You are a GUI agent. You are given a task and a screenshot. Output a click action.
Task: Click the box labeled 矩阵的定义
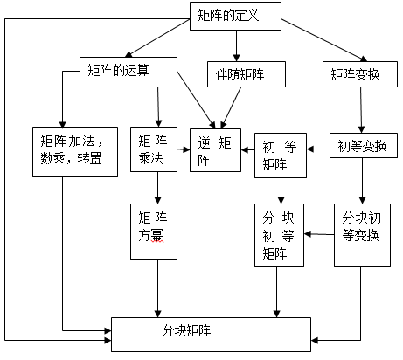coord(235,16)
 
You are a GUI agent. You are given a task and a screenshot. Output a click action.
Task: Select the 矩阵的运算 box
coord(129,72)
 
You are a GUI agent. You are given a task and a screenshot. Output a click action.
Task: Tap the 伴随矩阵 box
coord(247,74)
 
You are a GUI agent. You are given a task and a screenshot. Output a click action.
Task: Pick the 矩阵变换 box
coord(360,74)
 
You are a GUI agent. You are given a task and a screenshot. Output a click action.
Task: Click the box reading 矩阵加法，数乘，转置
coord(75,151)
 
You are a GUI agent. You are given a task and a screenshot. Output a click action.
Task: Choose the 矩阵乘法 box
coord(154,149)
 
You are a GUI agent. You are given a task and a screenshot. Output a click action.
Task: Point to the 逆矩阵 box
coord(215,150)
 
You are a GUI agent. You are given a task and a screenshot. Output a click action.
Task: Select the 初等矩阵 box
coord(281,156)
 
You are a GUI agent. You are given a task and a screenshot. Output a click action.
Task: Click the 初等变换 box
coord(364,146)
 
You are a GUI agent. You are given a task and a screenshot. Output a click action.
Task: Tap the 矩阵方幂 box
coord(154,232)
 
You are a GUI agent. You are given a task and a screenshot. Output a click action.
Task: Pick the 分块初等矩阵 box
coord(279,235)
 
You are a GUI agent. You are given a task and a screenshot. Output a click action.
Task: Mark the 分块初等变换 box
coord(362,235)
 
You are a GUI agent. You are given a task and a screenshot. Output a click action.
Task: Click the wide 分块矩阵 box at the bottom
coord(211,335)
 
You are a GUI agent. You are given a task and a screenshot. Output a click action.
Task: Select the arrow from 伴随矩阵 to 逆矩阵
coord(231,107)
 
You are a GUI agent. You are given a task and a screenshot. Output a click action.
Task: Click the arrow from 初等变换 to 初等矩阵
coord(318,149)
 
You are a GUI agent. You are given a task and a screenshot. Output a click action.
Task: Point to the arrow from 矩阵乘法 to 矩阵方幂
coord(157,188)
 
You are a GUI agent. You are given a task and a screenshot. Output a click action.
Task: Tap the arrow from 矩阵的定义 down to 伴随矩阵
coord(236,45)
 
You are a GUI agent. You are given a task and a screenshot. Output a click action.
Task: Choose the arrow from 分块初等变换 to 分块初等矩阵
coord(319,234)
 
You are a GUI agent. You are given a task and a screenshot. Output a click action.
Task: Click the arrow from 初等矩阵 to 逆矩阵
coord(248,150)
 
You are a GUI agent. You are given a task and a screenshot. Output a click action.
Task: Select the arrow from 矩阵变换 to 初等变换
coord(361,110)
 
